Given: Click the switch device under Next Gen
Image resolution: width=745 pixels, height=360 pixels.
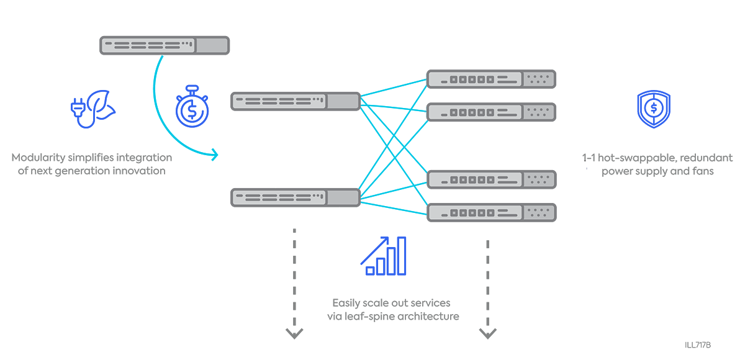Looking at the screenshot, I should (164, 45).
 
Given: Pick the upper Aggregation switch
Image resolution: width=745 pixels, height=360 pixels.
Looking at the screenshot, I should (296, 101).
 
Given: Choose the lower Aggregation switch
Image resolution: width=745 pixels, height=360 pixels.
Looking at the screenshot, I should (296, 197).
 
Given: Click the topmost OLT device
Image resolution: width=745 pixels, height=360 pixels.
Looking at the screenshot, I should (490, 79).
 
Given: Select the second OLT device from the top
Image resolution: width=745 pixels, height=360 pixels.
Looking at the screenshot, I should (490, 112).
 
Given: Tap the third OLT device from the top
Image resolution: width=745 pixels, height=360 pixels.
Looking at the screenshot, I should (490, 179).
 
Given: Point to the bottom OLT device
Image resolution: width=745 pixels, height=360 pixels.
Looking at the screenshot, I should (490, 212).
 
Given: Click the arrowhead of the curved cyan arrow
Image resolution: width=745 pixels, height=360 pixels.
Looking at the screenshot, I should (215, 155).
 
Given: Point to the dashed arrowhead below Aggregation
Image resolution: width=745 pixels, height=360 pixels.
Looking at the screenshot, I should (294, 334).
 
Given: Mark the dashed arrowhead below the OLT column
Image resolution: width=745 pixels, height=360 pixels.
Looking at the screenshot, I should (488, 334).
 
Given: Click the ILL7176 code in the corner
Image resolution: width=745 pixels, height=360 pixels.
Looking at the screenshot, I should (698, 344).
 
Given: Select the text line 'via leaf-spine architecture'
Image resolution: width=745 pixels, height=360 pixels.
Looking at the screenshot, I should (393, 317).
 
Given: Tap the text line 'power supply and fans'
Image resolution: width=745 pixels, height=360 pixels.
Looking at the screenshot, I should (657, 171).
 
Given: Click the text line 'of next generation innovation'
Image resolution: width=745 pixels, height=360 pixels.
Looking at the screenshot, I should (92, 171).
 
